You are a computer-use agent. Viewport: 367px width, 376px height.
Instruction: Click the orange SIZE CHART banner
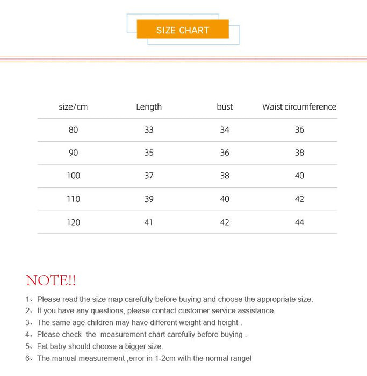click(x=183, y=30)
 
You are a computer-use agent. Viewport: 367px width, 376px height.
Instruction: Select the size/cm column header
click(x=73, y=107)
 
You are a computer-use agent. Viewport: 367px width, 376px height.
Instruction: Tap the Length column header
click(x=149, y=107)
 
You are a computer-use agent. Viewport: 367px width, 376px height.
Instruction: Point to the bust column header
click(x=225, y=107)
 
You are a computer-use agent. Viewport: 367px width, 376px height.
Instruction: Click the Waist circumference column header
click(x=299, y=107)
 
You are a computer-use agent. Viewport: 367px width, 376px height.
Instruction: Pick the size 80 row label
click(x=73, y=130)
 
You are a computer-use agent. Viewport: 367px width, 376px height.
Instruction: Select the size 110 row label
click(x=73, y=199)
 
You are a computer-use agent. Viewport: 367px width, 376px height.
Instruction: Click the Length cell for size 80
click(x=149, y=130)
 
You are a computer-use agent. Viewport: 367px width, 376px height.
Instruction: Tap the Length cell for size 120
click(x=149, y=222)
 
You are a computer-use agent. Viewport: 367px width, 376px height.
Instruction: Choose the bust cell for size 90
click(x=225, y=153)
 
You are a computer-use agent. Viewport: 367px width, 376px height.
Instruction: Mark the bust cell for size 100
click(x=225, y=176)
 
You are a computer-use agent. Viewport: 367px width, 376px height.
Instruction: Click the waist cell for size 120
click(x=299, y=222)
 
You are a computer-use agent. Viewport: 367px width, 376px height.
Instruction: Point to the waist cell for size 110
click(x=299, y=199)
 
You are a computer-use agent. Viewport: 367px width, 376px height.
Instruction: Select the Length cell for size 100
click(x=149, y=176)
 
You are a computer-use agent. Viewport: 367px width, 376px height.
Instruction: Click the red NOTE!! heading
click(x=51, y=280)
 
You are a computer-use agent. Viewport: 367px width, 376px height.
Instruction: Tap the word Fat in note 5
click(x=44, y=346)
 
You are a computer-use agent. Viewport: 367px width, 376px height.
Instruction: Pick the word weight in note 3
click(x=175, y=323)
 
